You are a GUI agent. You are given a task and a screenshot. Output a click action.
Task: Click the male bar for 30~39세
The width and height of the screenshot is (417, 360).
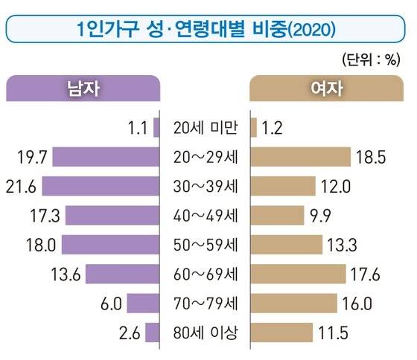101,186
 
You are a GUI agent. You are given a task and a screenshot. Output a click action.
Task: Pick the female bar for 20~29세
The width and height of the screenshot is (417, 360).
302,157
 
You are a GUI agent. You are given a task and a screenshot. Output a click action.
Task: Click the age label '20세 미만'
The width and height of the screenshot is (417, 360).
206,128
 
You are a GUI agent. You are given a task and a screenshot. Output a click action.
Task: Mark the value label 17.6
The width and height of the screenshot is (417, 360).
366,274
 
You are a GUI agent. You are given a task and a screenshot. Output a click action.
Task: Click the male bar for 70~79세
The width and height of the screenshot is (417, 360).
143,303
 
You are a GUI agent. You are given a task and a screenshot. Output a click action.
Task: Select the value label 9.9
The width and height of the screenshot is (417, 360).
318,216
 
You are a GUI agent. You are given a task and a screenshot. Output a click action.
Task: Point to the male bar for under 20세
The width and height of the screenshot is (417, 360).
156,128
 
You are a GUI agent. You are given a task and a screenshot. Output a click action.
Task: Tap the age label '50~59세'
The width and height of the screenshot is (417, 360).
206,245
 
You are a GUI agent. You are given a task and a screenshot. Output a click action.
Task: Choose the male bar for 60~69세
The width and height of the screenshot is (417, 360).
122,274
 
